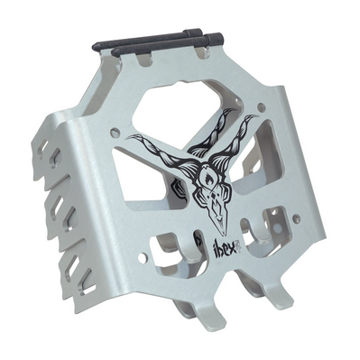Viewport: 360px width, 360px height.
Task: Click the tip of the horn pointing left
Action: (x=127, y=138)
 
